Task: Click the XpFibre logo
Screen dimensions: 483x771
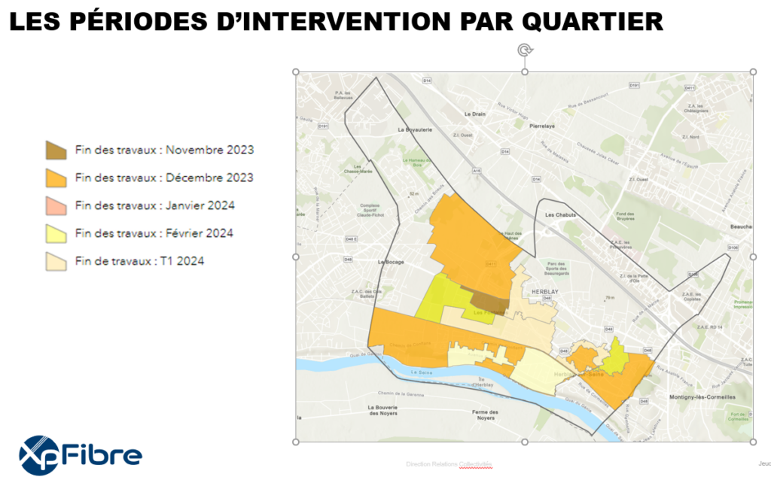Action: tap(81, 454)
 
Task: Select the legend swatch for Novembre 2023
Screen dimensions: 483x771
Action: tap(57, 150)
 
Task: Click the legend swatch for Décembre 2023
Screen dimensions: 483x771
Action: tap(57, 178)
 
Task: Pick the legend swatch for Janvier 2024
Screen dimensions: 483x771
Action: tap(57, 205)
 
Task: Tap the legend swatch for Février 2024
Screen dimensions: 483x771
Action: tap(57, 233)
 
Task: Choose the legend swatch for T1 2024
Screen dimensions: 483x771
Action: tap(57, 261)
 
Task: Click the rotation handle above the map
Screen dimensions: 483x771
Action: tap(525, 50)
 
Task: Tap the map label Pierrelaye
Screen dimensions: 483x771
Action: tap(542, 126)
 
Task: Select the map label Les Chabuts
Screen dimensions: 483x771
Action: tap(560, 214)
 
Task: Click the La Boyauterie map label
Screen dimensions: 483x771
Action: tap(415, 129)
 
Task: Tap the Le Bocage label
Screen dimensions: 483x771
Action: tap(392, 262)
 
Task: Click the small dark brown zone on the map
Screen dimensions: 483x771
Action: tap(490, 299)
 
